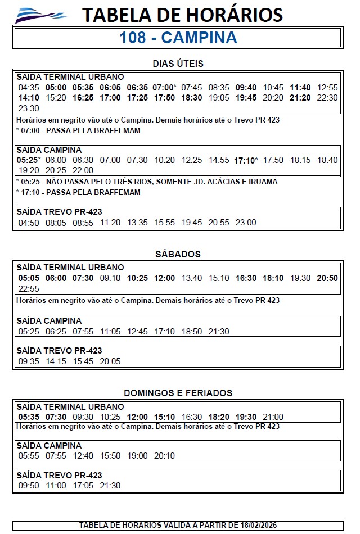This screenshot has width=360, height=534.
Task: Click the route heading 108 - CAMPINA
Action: (178, 38)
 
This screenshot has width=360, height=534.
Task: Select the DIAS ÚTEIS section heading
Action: (178, 64)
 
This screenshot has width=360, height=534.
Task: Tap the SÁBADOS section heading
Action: (178, 254)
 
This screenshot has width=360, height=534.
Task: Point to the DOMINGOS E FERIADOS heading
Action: (178, 393)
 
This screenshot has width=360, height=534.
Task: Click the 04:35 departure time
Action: (29, 88)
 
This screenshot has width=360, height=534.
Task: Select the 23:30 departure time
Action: (29, 108)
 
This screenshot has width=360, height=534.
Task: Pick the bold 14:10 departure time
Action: (29, 98)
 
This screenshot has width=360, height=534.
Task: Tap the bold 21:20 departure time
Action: (300, 98)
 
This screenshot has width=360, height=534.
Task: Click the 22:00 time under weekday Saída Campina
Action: (83, 170)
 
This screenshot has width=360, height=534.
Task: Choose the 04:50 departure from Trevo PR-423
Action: (29, 223)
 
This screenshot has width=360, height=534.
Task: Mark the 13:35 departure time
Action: (137, 223)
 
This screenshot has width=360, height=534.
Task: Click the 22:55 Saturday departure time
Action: (29, 288)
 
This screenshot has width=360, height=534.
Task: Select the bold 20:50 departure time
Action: (327, 278)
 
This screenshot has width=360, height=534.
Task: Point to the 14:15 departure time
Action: (56, 361)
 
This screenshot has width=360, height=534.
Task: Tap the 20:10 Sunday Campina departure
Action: (164, 456)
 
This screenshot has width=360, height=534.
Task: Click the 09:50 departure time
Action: (29, 486)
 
